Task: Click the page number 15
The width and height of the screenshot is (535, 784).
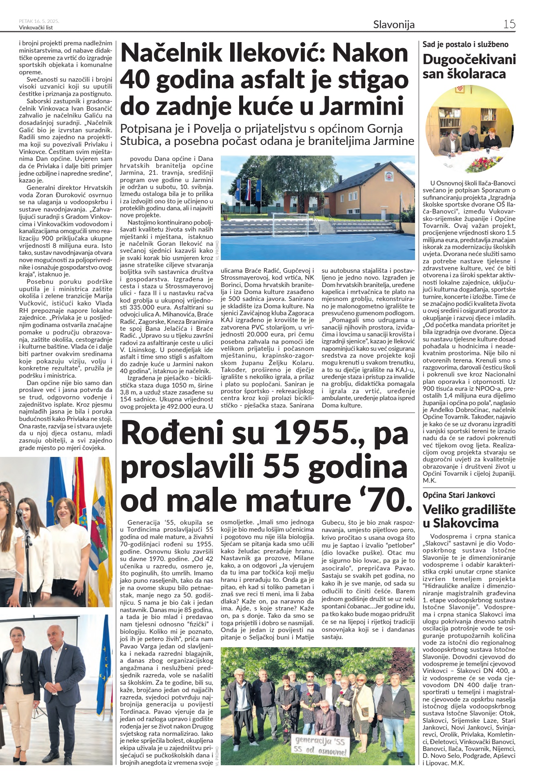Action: [509, 24]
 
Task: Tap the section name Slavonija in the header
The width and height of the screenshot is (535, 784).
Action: [393, 24]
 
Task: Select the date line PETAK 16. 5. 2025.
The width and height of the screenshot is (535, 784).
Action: [39, 21]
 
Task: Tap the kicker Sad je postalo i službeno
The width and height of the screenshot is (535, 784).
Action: [465, 45]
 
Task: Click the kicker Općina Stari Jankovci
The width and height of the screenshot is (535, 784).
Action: [459, 495]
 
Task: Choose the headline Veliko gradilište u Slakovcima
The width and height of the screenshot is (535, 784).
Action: [469, 516]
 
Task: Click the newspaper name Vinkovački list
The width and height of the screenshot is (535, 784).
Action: [36, 28]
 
